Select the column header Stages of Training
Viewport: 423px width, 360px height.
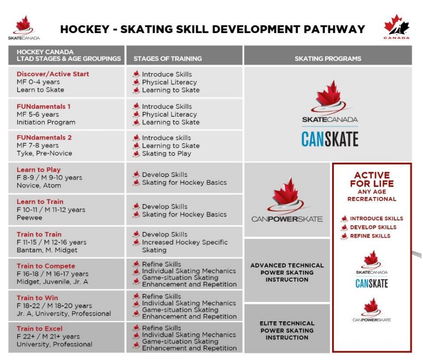[x=168, y=59]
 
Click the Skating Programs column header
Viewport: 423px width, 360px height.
[x=328, y=59]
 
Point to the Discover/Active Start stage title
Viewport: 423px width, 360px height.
[x=53, y=74]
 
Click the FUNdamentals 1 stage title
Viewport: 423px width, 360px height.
[x=43, y=106]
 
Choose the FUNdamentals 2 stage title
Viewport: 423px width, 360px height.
[x=44, y=138]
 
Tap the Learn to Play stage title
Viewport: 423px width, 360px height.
[x=39, y=170]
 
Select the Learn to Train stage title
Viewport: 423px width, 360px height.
[x=40, y=202]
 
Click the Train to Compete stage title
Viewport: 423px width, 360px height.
[x=46, y=266]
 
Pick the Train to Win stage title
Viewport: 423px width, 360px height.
[x=38, y=298]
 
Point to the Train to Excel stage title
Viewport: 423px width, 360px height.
[x=40, y=328]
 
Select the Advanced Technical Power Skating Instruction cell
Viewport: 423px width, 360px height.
[x=287, y=272]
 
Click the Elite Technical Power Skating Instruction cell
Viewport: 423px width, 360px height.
[x=287, y=330]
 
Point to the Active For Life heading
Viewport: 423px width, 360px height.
[x=372, y=180]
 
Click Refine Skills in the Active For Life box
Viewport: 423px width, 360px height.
[x=370, y=236]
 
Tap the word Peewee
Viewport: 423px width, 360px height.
[x=29, y=218]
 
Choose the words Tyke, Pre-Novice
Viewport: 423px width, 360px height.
[x=44, y=154]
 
